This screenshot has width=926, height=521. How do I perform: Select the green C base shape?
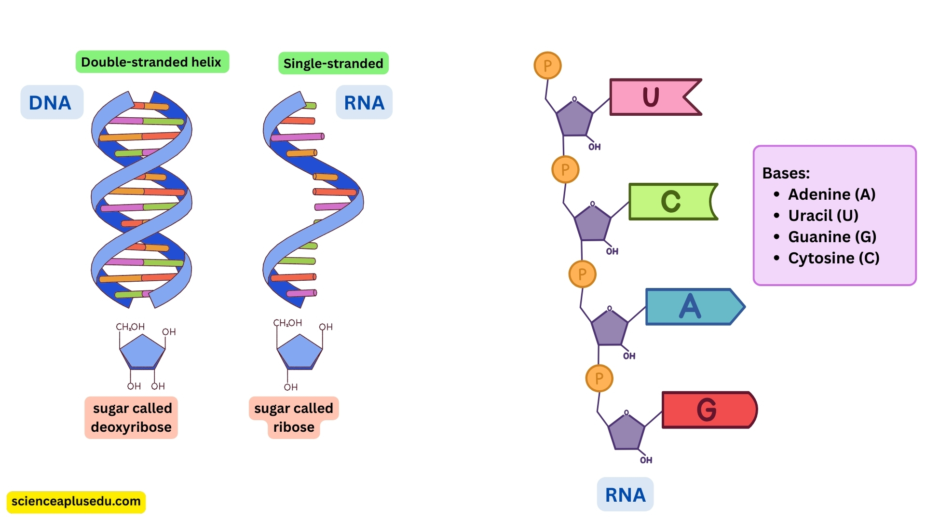(670, 202)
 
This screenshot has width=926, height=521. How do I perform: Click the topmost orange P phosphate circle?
(547, 66)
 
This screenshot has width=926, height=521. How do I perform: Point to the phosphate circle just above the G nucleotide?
(599, 379)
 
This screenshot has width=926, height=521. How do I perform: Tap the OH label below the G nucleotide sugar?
(646, 460)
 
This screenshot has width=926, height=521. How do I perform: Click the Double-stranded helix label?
(151, 62)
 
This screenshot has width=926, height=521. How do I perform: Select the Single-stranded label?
(333, 64)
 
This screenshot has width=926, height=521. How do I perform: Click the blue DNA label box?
(51, 103)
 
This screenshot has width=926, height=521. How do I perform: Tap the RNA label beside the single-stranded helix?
(364, 103)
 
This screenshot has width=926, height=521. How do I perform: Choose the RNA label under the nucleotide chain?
(625, 495)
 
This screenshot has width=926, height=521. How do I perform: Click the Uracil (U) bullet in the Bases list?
(823, 216)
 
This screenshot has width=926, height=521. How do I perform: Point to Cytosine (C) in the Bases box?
(833, 258)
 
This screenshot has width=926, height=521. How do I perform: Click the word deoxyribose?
(131, 427)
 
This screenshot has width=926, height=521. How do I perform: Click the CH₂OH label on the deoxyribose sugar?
(130, 327)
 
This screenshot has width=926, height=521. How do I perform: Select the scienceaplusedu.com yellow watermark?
(76, 502)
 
